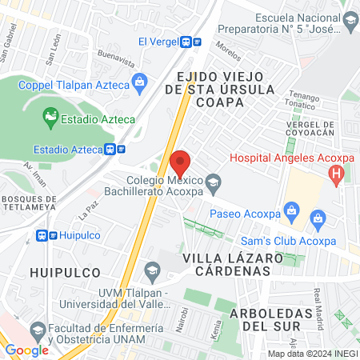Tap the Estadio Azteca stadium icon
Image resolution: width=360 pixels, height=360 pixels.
[50, 119]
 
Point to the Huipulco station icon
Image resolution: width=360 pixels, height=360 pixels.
[47, 236]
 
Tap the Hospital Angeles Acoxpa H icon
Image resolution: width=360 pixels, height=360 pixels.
[337, 173]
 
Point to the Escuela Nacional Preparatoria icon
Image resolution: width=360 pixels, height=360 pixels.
[350, 19]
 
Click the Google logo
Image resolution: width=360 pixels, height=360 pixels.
[26, 350]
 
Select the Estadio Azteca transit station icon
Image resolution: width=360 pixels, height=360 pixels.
[114, 149]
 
